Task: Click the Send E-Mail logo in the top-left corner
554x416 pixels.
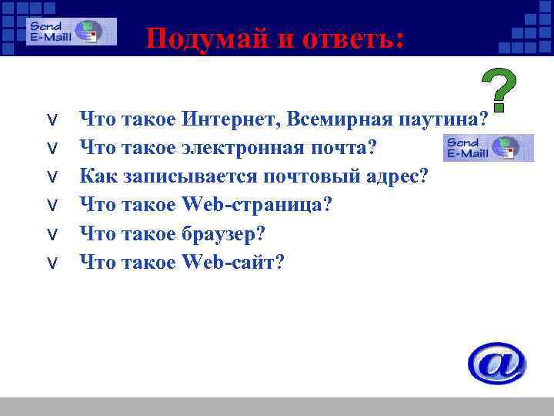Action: coord(72,32)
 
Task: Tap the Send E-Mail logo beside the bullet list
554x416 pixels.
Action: coord(489,148)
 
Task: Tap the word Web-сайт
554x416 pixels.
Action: coord(232,262)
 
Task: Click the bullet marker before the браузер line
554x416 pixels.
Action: coord(51,234)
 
